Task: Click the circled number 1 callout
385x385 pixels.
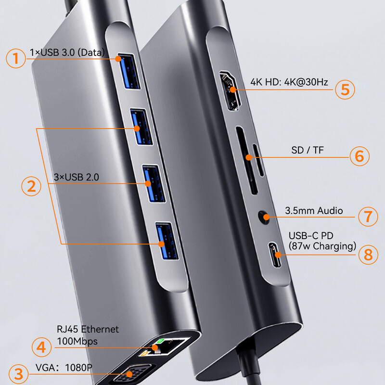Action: pyautogui.click(x=16, y=59)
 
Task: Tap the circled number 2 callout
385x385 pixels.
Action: pyautogui.click(x=31, y=186)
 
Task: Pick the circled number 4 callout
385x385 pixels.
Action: pyautogui.click(x=42, y=346)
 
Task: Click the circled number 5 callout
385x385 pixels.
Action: pyautogui.click(x=345, y=90)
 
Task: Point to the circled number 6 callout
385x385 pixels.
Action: pyautogui.click(x=359, y=156)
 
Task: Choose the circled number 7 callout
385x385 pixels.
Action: pyautogui.click(x=368, y=216)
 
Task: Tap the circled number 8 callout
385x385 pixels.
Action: pyautogui.click(x=368, y=254)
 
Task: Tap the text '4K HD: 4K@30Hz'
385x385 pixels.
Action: pyautogui.click(x=289, y=82)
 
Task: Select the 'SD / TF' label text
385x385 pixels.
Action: pyautogui.click(x=308, y=150)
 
